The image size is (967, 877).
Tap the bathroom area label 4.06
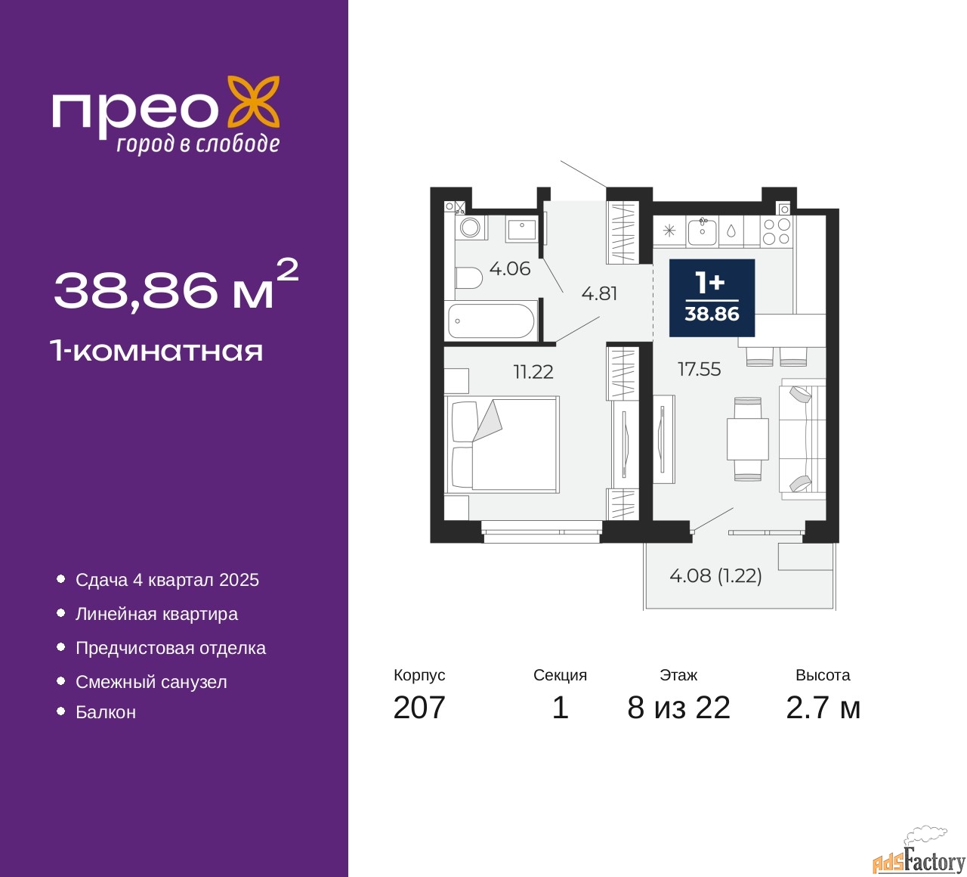click(x=509, y=268)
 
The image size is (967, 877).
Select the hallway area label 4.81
click(x=599, y=293)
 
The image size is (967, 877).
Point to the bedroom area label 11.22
click(x=533, y=372)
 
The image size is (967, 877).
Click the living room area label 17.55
click(x=699, y=369)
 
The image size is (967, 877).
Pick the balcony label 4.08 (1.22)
click(x=715, y=575)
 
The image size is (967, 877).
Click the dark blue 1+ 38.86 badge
click(x=712, y=298)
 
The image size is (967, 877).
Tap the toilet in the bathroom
click(x=468, y=278)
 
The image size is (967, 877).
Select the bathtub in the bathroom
click(x=491, y=321)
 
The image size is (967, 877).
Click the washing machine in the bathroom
click(x=471, y=227)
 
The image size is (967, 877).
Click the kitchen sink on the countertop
click(x=703, y=231)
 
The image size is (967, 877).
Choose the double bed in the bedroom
click(x=502, y=445)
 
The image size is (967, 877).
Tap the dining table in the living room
click(x=748, y=439)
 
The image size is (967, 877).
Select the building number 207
click(x=419, y=708)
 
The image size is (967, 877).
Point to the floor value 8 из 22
click(x=678, y=708)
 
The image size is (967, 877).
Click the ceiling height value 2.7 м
click(x=823, y=708)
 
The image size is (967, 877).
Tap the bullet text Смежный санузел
click(x=151, y=682)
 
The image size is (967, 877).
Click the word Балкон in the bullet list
click(x=106, y=712)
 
